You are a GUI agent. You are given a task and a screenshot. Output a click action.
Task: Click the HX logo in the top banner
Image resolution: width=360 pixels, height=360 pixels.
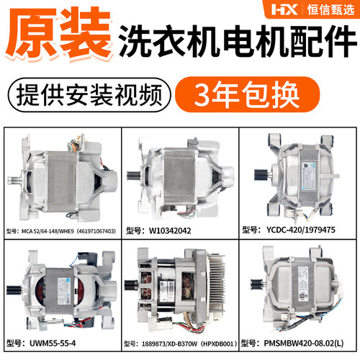click(x=284, y=10)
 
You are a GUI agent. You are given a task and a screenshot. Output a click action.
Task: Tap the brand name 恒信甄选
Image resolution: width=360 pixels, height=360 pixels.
click(x=330, y=10)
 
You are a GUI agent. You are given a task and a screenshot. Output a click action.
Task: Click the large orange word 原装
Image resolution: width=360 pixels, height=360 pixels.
click(x=59, y=33)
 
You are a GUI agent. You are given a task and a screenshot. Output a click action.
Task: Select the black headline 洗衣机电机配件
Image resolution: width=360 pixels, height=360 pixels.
click(x=238, y=41)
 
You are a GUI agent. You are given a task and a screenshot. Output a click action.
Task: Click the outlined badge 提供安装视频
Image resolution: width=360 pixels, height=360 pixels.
click(x=89, y=95)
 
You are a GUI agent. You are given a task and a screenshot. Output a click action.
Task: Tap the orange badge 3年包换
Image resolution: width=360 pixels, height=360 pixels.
click(x=247, y=94)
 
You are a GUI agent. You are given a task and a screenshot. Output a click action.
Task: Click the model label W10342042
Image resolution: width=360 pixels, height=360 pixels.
click(x=170, y=231)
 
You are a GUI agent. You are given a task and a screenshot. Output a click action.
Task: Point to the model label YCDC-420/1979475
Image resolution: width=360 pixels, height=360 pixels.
click(x=301, y=230)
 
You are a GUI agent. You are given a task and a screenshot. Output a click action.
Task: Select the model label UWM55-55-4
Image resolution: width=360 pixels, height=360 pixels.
click(x=53, y=343)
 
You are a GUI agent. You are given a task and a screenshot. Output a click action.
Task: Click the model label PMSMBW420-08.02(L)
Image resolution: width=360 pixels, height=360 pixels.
click(x=304, y=343)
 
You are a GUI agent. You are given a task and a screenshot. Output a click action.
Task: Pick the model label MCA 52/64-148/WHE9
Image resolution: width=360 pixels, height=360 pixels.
click(x=48, y=231)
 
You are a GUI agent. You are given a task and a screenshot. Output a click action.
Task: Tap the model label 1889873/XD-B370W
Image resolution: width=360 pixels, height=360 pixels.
click(x=169, y=344)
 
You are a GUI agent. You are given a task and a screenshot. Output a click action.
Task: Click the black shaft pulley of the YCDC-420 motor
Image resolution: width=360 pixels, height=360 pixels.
click(x=261, y=175)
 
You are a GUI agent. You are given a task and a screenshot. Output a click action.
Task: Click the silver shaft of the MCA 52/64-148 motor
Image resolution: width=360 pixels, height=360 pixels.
click(x=15, y=179)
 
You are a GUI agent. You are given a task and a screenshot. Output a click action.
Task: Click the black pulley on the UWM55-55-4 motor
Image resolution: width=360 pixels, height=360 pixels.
click(x=14, y=289)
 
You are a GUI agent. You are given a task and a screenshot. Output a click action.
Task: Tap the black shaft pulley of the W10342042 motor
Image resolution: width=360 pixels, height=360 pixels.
click(x=133, y=175)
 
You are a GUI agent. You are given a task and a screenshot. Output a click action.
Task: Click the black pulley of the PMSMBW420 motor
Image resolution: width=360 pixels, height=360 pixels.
click(x=257, y=284)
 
